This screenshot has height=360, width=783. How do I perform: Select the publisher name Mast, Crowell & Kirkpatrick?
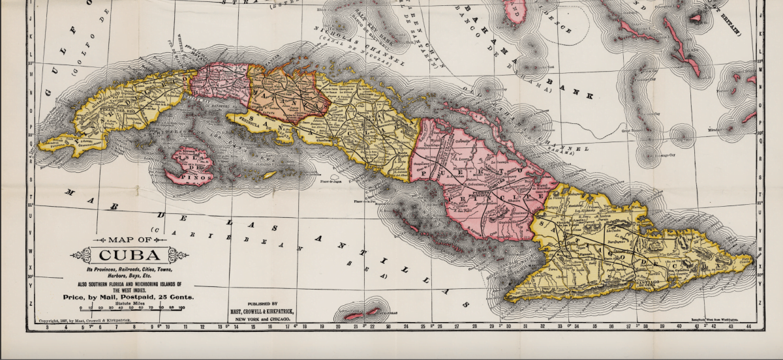(265, 310)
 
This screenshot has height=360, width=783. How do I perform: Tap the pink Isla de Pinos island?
(189, 164)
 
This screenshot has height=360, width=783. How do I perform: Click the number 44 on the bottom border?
(748, 326)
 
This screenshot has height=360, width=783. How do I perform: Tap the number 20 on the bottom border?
(338, 326)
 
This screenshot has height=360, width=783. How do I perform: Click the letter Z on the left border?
(30, 303)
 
